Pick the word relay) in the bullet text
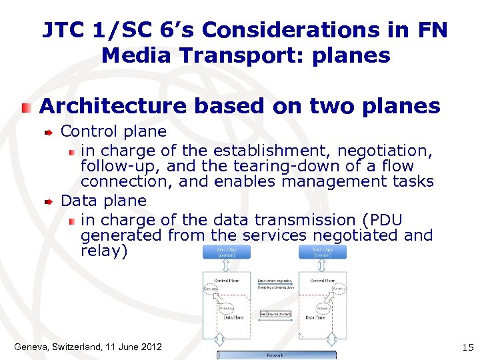point(103,251)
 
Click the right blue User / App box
point(323,252)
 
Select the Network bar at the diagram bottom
point(275,355)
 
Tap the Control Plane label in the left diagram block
point(227,281)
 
